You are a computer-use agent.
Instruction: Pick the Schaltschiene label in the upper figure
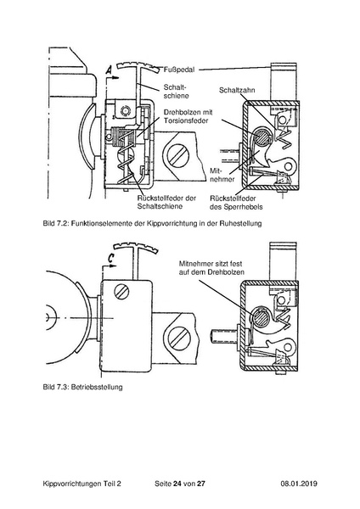176,90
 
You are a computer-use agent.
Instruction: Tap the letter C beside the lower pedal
111,253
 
